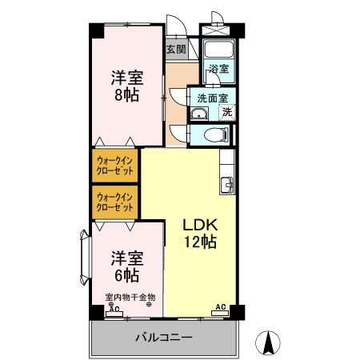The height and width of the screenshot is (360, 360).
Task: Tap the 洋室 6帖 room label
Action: tap(126, 266)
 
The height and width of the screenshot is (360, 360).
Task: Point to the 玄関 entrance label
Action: tap(175, 50)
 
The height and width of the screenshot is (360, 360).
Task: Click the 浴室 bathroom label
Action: tap(218, 69)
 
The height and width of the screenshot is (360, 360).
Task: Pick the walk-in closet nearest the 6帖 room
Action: tap(114, 201)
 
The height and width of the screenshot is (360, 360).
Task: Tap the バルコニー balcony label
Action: tap(162, 338)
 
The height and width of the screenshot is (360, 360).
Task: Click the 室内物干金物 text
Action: tap(130, 298)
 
